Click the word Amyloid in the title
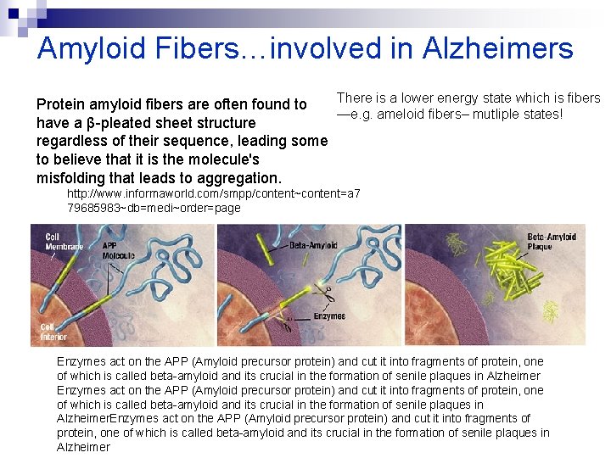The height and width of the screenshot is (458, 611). [x=92, y=48]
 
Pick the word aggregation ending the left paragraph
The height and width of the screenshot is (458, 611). [x=239, y=178]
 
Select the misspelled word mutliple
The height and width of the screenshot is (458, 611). [x=497, y=114]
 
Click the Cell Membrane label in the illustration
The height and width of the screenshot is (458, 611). [x=64, y=242]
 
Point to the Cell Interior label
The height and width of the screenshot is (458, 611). [x=53, y=332]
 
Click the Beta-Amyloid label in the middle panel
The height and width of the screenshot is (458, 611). [x=313, y=245]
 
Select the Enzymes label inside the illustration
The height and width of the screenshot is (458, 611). [x=328, y=316]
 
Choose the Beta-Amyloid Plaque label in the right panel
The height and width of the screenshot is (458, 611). [x=552, y=242]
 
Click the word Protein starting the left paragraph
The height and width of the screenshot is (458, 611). [x=60, y=104]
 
